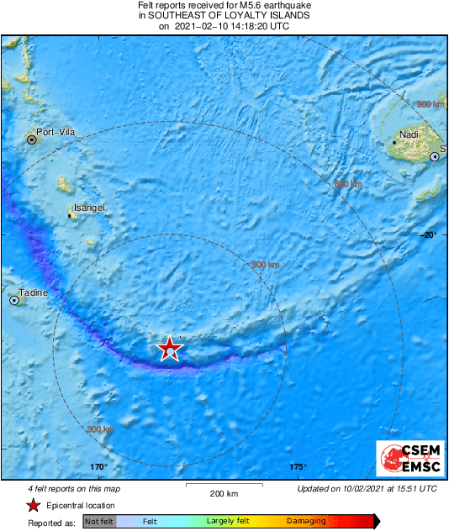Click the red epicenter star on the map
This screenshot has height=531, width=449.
click(171, 348)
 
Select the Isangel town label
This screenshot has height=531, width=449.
click(89, 207)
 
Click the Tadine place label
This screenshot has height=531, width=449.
click(33, 292)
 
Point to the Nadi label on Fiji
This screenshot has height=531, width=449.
click(409, 134)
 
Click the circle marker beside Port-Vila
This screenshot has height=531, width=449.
click(32, 140)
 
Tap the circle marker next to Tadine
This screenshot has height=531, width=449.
click(14, 299)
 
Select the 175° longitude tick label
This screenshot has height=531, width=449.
click(298, 467)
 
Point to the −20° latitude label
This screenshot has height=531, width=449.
click(428, 235)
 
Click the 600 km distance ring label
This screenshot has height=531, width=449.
click(347, 184)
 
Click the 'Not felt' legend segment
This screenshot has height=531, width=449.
click(99, 522)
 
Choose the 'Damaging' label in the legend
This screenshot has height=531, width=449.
click(306, 522)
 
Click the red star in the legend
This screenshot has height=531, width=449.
click(33, 505)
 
